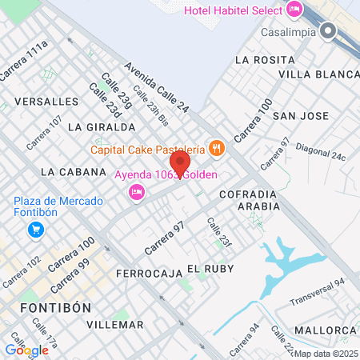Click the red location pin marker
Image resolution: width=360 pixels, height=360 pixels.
coord(181,162)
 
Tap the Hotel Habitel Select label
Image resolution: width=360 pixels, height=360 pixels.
coord(234,10)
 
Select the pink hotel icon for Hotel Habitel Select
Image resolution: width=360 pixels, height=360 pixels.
coord(294,10)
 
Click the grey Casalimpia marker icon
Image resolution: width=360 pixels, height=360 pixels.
coord(327,31)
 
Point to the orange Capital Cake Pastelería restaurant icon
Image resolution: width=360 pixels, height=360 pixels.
coord(215,147)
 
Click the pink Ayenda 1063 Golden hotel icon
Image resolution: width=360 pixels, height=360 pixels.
coord(137,192)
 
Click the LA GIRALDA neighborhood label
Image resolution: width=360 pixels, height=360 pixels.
coord(102,126)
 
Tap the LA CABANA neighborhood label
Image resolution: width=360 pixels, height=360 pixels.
coord(73,171)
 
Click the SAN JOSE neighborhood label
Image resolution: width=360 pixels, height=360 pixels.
coord(301,116)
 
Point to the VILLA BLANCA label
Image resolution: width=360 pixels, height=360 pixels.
coord(319,74)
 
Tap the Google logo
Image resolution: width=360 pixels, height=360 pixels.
coord(26,350)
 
